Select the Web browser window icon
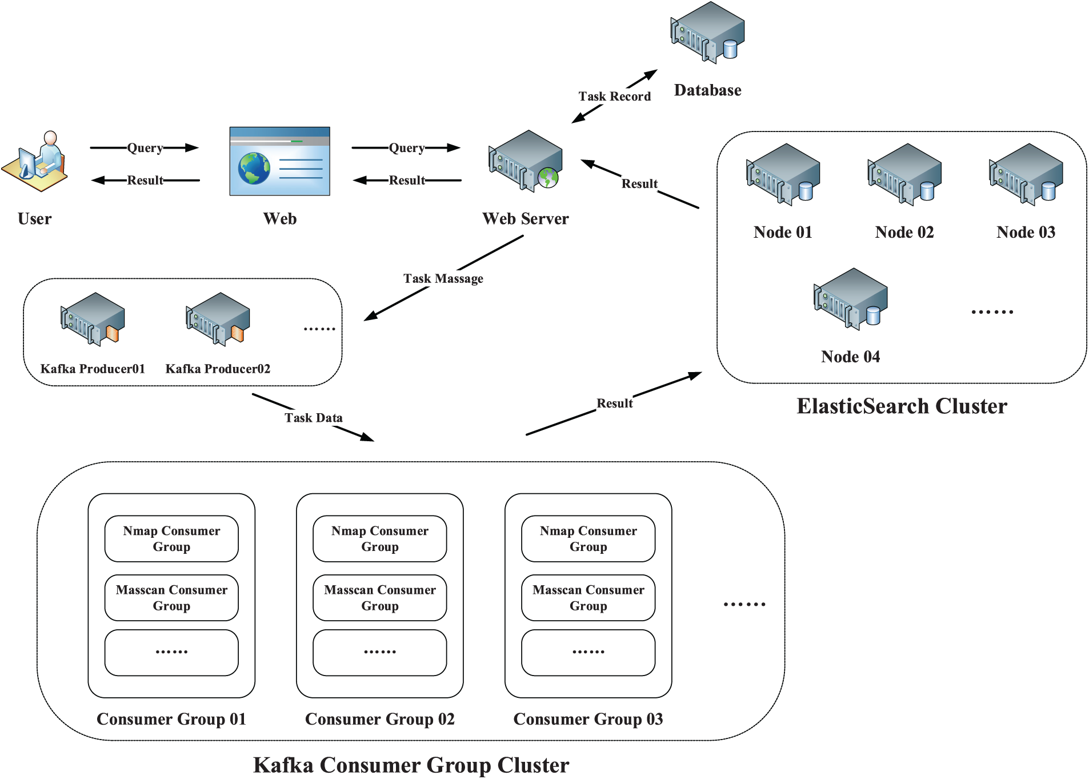click(279, 161)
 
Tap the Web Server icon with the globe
click(525, 161)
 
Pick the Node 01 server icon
click(783, 174)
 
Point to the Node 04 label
click(850, 357)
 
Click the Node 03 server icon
click(1026, 174)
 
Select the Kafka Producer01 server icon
click(93, 319)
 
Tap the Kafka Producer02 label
click(218, 369)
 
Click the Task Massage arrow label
click(443, 278)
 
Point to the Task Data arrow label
click(313, 418)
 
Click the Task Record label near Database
click(614, 96)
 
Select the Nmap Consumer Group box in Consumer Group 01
click(171, 538)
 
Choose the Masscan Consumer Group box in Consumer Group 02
click(380, 598)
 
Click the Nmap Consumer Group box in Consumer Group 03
click(588, 538)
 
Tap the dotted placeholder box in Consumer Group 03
click(588, 652)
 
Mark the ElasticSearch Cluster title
click(902, 406)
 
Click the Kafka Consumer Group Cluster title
click(411, 765)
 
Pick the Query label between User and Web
click(145, 148)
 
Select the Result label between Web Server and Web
click(407, 181)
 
